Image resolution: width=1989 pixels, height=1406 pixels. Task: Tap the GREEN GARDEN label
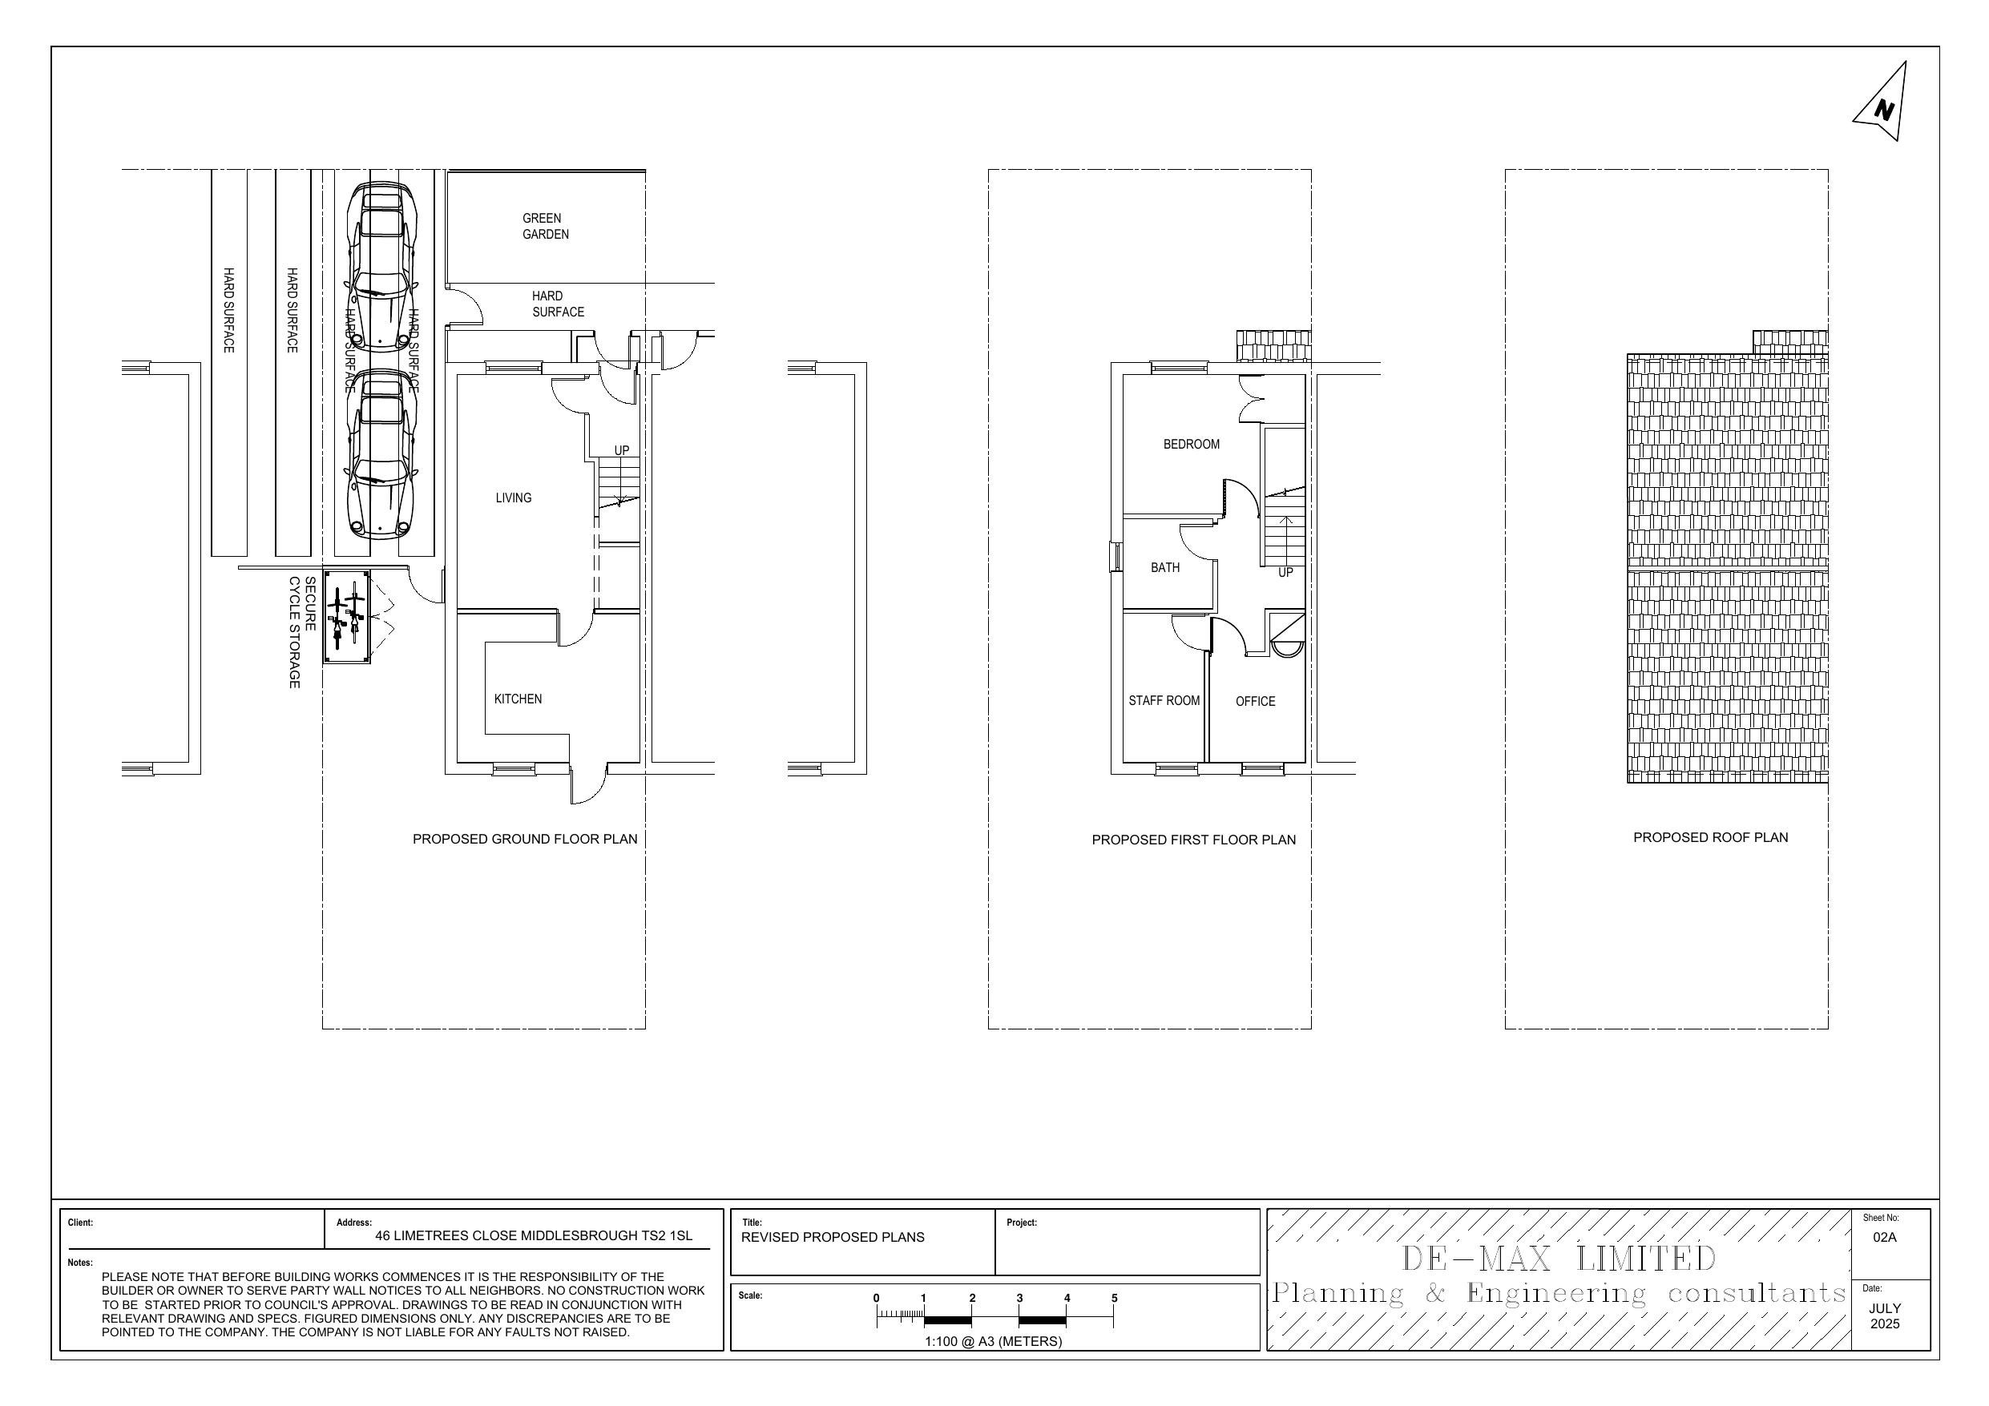(545, 226)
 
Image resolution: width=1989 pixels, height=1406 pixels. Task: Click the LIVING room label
(513, 498)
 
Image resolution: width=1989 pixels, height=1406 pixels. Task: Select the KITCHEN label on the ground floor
(517, 699)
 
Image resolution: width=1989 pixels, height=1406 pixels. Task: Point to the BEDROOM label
(1190, 444)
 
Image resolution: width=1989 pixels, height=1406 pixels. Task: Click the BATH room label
(1164, 567)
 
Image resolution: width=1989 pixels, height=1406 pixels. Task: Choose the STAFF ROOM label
(1164, 700)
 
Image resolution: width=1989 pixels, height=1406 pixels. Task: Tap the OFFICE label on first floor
(1254, 701)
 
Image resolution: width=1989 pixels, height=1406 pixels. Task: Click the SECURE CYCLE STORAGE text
(301, 631)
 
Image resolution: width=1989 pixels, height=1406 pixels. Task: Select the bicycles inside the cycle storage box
(345, 617)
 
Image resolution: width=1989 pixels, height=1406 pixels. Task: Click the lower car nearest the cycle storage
(381, 455)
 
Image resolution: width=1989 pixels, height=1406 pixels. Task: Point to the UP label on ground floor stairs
(621, 450)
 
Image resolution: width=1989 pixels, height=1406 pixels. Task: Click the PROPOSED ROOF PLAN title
(1710, 837)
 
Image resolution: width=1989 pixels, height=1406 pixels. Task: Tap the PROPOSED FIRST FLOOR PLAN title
(1193, 840)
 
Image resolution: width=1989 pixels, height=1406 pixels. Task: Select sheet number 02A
(1884, 1237)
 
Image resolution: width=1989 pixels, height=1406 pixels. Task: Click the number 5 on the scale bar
(1114, 1298)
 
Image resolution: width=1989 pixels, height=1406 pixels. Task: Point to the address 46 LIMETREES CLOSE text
(533, 1235)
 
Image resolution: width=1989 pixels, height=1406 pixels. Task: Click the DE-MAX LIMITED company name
(1557, 1258)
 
